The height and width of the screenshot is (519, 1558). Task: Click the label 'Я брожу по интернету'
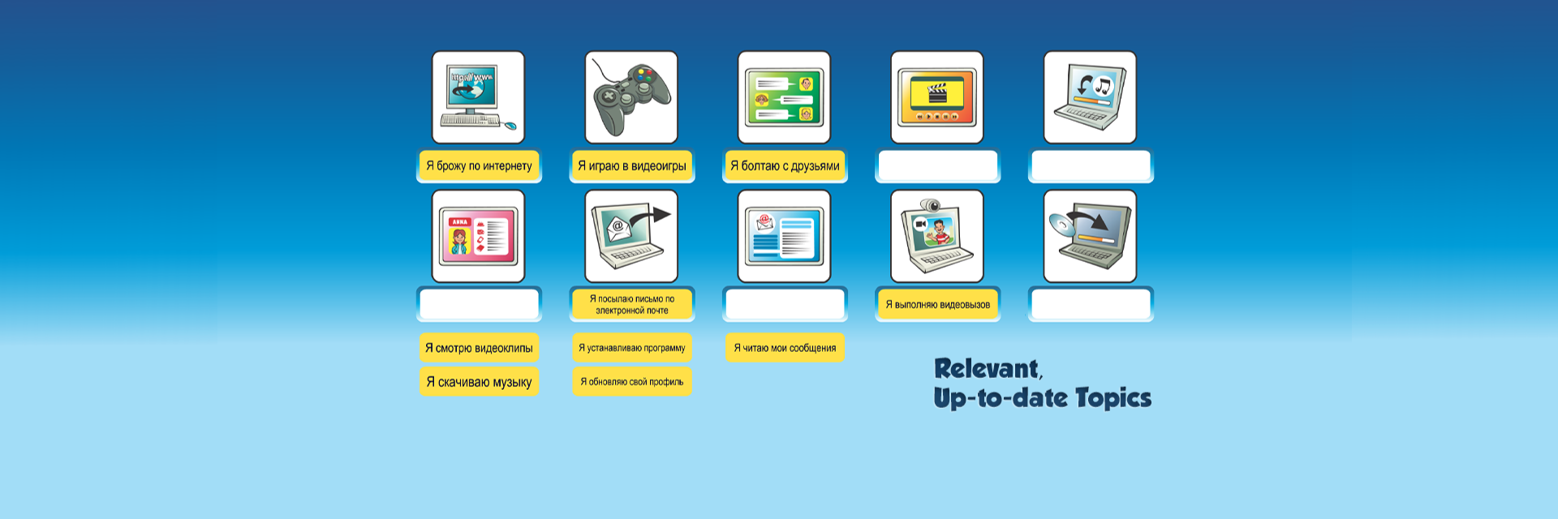click(x=479, y=165)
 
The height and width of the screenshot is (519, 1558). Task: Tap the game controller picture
click(x=631, y=97)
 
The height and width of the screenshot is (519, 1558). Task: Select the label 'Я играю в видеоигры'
click(x=631, y=165)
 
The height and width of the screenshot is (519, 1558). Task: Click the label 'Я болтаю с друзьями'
click(x=785, y=165)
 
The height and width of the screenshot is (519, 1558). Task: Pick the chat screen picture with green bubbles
click(x=785, y=97)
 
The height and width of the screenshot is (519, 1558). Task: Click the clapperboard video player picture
click(x=937, y=97)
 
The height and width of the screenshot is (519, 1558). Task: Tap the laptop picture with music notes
click(x=1090, y=97)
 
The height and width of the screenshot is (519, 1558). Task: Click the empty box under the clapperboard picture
click(x=937, y=165)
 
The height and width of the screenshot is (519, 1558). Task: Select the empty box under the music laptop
click(x=1091, y=165)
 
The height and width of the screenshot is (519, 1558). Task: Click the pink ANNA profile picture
click(x=478, y=236)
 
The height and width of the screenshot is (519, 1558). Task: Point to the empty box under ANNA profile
click(x=479, y=305)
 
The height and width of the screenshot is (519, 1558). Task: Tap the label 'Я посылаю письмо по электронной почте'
click(x=631, y=305)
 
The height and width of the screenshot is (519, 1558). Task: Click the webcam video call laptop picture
click(x=937, y=236)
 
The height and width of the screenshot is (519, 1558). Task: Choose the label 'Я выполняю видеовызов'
click(x=937, y=305)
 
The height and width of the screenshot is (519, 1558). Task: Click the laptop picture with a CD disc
click(x=1090, y=236)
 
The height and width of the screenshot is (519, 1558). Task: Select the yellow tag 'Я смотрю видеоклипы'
click(x=479, y=348)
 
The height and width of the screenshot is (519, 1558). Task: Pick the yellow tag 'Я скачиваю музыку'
click(x=479, y=382)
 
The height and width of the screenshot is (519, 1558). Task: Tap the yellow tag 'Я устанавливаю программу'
click(x=631, y=348)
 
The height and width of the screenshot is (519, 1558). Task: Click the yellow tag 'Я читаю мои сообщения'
click(x=785, y=348)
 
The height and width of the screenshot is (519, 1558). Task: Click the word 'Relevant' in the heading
click(x=986, y=369)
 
